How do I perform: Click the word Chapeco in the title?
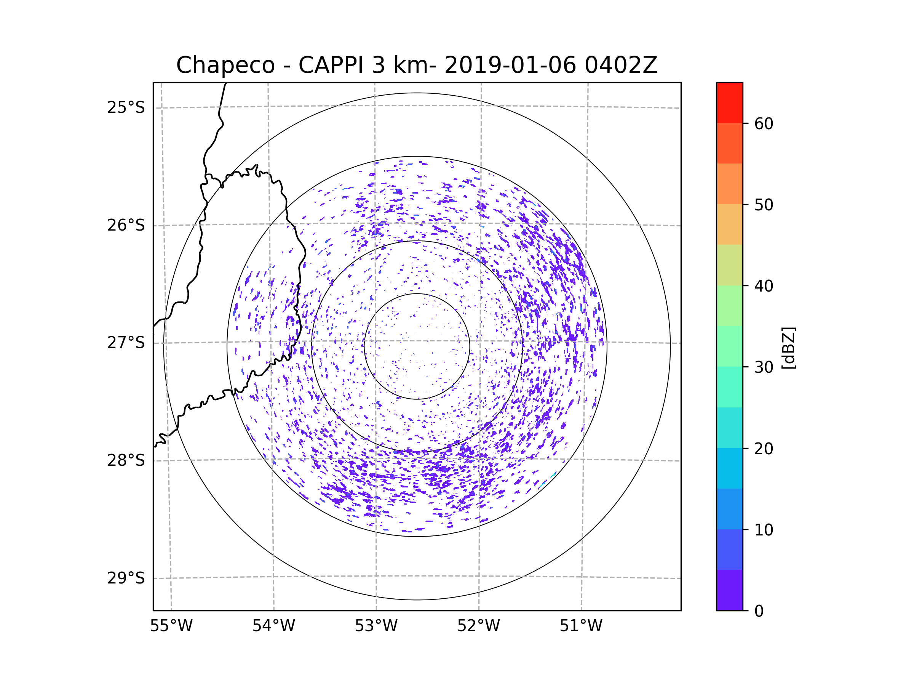coord(225,65)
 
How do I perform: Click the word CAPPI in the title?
coord(331,65)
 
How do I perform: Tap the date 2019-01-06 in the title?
coord(510,65)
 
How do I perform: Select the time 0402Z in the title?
coord(621,65)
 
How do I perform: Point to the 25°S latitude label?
coord(126,107)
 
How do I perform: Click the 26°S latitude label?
coord(126,225)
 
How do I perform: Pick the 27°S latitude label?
coord(126,343)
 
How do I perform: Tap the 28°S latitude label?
coord(126,460)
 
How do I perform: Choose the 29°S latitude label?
coord(126,578)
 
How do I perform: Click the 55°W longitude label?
coord(171,626)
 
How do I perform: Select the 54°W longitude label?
coord(273,626)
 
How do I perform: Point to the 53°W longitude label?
coord(376,626)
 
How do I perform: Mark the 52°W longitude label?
coord(478,626)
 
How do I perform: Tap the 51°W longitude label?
coord(581,626)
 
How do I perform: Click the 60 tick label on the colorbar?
coord(764,123)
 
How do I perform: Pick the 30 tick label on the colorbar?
coord(764,367)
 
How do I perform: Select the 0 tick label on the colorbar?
coord(759,611)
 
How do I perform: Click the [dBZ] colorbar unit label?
coord(788,348)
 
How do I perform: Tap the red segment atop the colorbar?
coord(729,103)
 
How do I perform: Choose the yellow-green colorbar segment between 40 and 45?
coord(729,265)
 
